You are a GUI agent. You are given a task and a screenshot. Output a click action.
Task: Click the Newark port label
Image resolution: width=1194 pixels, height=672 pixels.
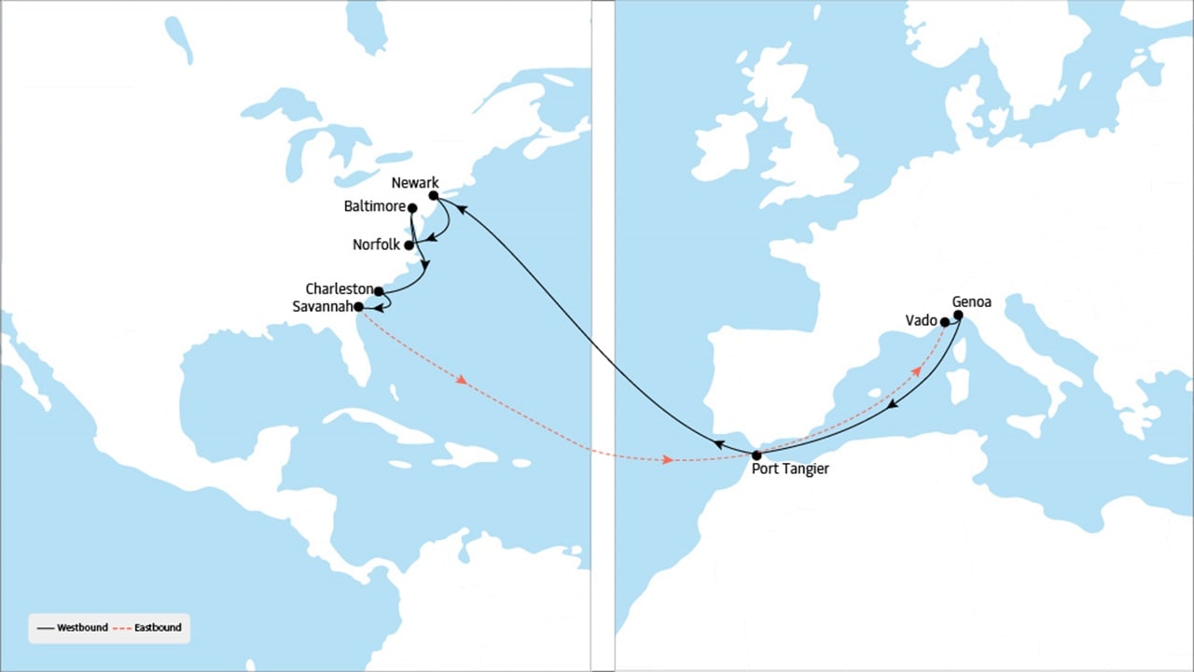coord(415,183)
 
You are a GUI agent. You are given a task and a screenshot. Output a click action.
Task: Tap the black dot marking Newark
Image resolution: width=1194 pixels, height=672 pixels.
coord(434,196)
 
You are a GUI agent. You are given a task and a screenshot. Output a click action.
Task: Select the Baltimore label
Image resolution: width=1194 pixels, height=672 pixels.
coord(373,205)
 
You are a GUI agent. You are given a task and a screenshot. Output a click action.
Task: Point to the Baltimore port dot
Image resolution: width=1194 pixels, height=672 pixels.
coord(412,208)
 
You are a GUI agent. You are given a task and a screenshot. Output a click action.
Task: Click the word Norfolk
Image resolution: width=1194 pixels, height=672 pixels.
coord(376,245)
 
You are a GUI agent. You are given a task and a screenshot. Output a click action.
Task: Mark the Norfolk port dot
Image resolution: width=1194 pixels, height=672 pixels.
coord(409,245)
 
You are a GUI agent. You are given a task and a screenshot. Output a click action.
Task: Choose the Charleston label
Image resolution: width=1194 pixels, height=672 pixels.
coord(339,289)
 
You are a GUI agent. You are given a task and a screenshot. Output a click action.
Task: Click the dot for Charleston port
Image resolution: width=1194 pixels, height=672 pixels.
coord(379,291)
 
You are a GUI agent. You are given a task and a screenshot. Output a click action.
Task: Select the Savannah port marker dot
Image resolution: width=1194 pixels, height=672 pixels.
coord(359,306)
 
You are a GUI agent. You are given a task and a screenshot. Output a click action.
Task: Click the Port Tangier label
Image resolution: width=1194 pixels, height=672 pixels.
coord(790,469)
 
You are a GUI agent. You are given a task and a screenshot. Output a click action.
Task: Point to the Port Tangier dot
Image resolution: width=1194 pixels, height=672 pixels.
coord(757,455)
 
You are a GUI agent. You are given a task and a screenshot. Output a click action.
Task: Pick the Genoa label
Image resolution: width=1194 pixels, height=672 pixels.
coord(971,301)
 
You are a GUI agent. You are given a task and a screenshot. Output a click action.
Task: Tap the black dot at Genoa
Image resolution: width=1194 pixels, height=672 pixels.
coord(958,315)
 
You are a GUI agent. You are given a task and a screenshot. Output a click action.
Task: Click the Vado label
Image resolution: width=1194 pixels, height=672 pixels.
coord(922,320)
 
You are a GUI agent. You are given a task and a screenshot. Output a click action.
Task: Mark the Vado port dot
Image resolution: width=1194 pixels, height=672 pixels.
coord(945,322)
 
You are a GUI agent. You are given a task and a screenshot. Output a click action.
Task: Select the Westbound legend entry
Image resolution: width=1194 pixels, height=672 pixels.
coord(74,627)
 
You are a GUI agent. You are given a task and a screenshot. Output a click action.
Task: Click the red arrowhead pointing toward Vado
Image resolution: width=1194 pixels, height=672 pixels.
coord(917,371)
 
